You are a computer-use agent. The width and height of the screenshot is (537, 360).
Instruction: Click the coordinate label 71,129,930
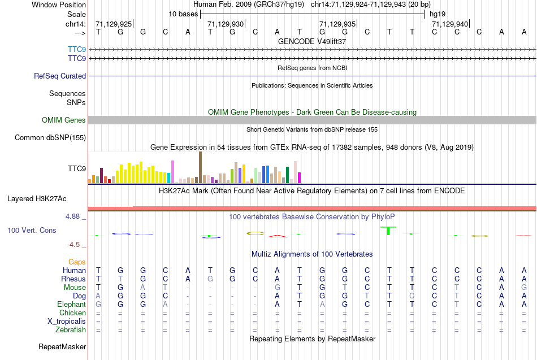pyautogui.click(x=226, y=24)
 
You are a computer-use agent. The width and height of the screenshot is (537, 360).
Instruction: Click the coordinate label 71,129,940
pyautogui.click(x=450, y=24)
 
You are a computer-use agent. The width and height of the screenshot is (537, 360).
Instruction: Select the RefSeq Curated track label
pyautogui.click(x=60, y=76)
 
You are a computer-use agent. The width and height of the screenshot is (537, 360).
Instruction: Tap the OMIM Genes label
pyautogui.click(x=64, y=120)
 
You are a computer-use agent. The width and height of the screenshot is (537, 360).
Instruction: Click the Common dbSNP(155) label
pyautogui.click(x=50, y=137)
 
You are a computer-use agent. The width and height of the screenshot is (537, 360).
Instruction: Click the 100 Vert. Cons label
pyautogui.click(x=32, y=231)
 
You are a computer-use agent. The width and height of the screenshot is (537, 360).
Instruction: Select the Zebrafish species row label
pyautogui.click(x=71, y=329)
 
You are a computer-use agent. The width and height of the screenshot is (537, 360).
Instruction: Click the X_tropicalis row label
pyautogui.click(x=67, y=321)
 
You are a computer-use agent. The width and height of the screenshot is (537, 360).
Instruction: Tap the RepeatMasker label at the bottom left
pyautogui.click(x=62, y=346)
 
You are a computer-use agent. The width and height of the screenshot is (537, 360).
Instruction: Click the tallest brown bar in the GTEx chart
pyautogui.click(x=200, y=167)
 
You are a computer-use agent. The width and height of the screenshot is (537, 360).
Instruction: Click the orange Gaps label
pyautogui.click(x=77, y=262)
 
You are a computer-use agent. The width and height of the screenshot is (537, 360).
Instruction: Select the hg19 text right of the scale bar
pyautogui.click(x=438, y=13)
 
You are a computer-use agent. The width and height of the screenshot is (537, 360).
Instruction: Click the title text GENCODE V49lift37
pyautogui.click(x=312, y=41)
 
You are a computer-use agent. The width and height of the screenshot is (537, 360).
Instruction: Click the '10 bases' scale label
pyautogui.click(x=183, y=13)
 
